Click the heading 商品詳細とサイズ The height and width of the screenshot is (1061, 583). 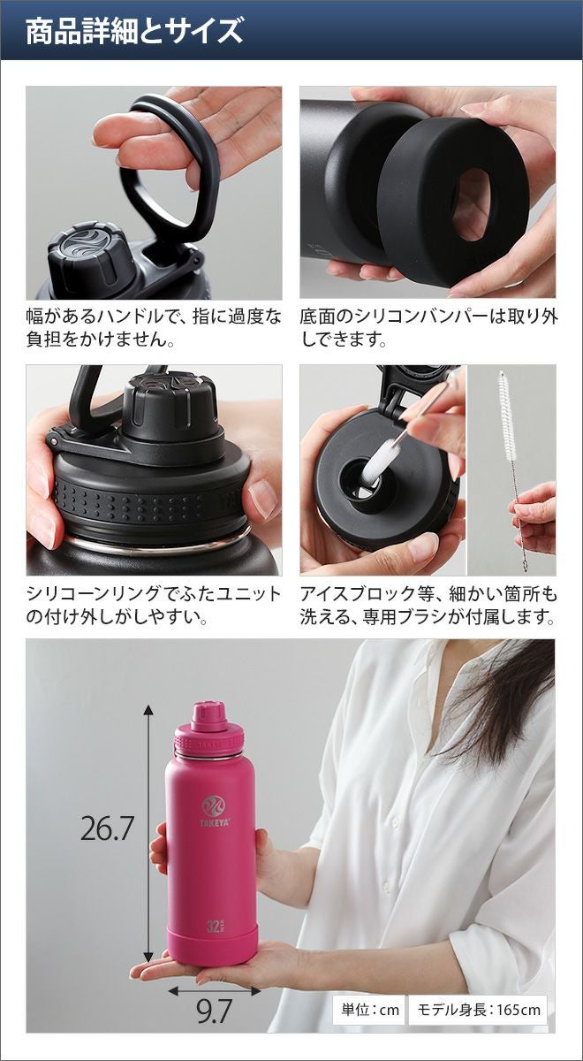point(134,31)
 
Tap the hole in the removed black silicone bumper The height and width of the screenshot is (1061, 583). point(471,204)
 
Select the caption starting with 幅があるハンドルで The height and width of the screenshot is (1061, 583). point(154,327)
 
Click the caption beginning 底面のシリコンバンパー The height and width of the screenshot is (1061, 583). point(428,327)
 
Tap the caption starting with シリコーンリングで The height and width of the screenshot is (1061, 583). point(154,605)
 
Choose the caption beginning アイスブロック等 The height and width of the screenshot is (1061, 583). point(428,605)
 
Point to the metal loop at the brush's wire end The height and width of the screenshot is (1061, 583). point(525,565)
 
